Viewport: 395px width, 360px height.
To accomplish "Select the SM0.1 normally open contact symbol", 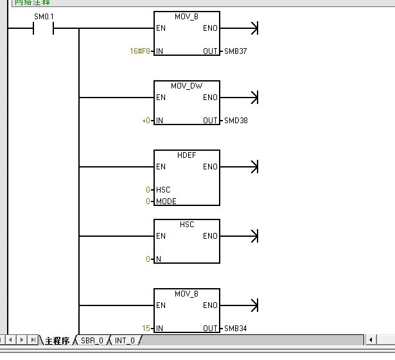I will point(43,29).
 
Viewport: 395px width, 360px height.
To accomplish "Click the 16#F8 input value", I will point(141,51).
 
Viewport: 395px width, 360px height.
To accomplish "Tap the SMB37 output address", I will point(235,51).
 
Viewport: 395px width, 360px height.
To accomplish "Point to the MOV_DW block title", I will point(186,85).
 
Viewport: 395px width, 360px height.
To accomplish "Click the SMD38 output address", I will point(235,120).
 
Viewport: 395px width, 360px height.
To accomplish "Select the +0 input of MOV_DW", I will point(146,120).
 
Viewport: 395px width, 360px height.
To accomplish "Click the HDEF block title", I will point(186,155).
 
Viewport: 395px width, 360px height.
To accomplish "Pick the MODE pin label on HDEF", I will point(166,201).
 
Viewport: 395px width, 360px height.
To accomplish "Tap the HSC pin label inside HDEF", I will point(163,190).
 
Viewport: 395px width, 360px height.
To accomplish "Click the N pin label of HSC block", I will point(159,259).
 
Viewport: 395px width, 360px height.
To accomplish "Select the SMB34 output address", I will point(235,329).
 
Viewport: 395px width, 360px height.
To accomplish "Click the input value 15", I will point(146,329).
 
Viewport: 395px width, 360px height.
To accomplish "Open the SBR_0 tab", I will point(92,341).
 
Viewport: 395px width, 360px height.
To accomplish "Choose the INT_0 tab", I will point(125,341).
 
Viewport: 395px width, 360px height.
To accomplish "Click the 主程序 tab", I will point(57,341).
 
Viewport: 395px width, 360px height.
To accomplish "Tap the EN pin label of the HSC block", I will point(161,236).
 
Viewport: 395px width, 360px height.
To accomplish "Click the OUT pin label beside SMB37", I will point(211,51).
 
